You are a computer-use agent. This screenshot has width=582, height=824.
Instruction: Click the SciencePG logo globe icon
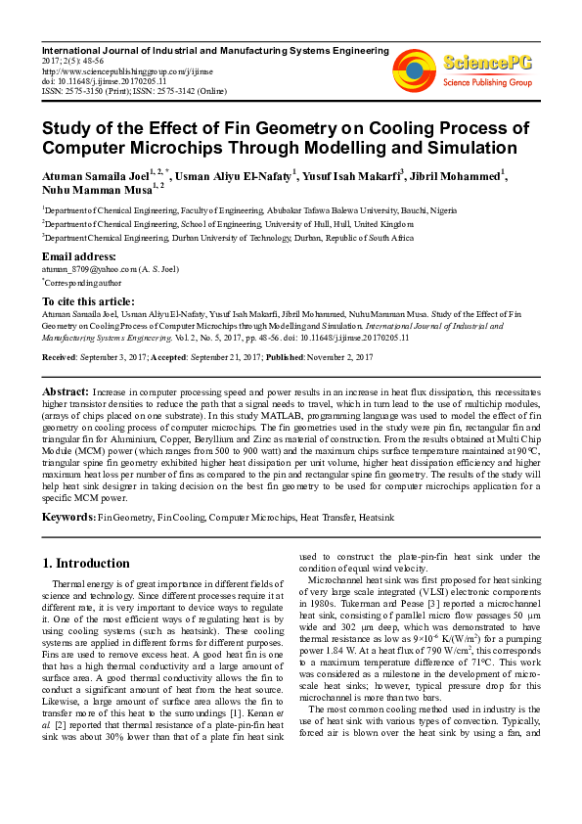click(x=414, y=69)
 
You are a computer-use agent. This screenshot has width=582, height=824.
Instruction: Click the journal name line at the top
click(x=213, y=50)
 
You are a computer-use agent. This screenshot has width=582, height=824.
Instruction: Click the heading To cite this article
click(x=88, y=301)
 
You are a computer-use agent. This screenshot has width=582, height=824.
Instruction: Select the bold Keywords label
click(x=68, y=515)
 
